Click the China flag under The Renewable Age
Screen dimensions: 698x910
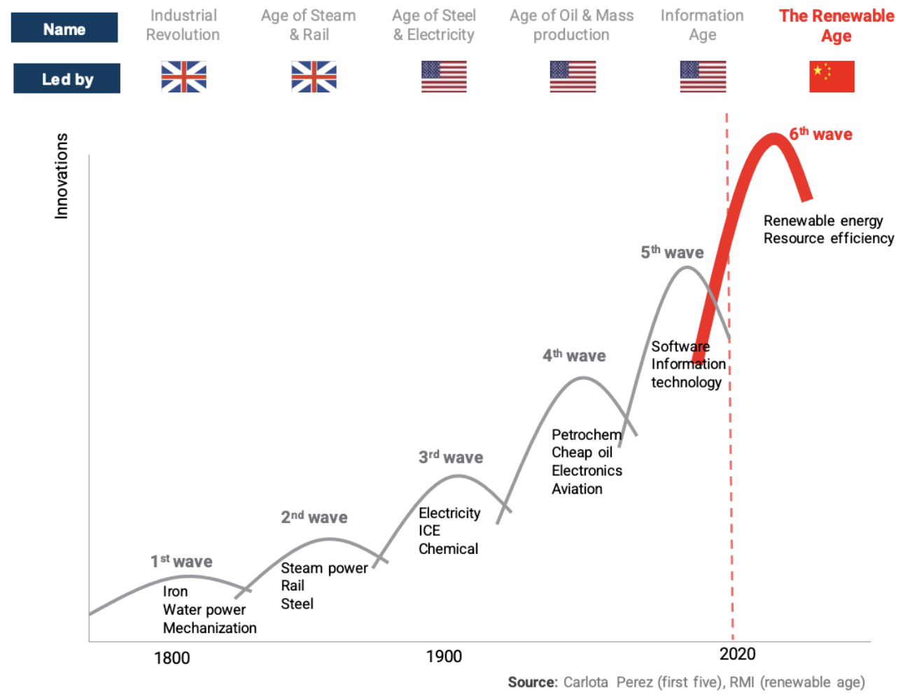coord(832,76)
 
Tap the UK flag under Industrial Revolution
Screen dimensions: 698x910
coord(183,76)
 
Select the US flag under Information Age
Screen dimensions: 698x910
coord(702,76)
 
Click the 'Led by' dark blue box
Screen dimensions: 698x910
coord(66,78)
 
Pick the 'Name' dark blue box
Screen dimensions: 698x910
coord(64,28)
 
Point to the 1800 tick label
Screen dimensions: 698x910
coord(171,658)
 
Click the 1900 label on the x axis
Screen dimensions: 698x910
coord(444,657)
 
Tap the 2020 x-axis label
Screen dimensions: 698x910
coord(738,654)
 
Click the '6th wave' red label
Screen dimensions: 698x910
coord(820,134)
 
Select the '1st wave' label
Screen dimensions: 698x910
coord(181,562)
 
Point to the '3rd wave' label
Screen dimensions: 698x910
coord(451,457)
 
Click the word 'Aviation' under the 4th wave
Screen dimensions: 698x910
coord(577,489)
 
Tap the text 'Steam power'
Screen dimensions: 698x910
coord(324,568)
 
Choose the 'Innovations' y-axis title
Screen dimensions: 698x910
coord(62,176)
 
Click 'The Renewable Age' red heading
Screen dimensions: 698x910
coord(836,25)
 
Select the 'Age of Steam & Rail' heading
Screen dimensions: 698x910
coord(309,25)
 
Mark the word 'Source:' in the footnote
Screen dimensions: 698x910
coord(533,682)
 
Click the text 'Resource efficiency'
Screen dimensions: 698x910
coord(829,238)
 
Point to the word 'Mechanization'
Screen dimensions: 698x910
coord(209,628)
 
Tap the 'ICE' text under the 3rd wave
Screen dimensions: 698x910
coord(429,531)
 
